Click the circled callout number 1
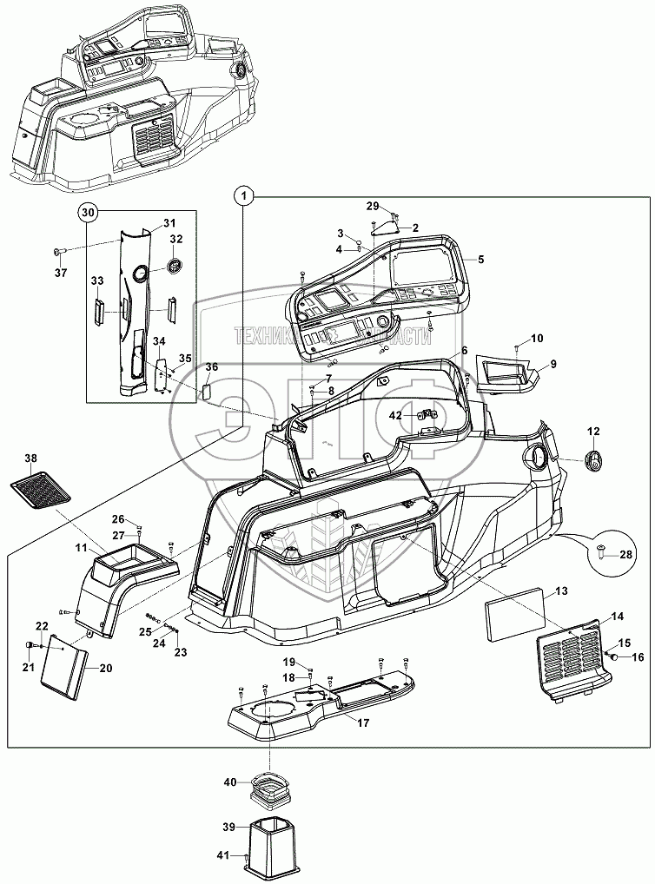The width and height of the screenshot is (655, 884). click(245, 197)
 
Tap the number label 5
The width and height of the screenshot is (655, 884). click(480, 259)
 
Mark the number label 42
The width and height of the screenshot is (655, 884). click(395, 416)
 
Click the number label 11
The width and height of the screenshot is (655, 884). click(79, 549)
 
